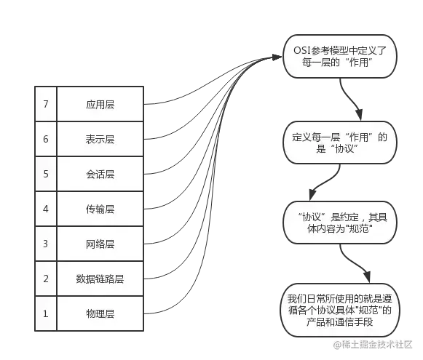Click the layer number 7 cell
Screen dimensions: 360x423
click(45, 105)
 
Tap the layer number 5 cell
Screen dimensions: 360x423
click(45, 175)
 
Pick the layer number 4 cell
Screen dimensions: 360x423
click(45, 209)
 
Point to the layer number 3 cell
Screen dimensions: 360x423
click(45, 244)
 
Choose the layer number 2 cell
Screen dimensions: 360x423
click(45, 279)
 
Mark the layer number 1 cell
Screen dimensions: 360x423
click(45, 314)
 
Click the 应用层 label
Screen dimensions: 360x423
click(100, 105)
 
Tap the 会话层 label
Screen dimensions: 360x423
click(100, 175)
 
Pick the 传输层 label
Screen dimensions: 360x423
click(100, 209)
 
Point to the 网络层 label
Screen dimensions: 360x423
click(100, 244)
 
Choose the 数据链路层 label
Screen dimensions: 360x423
click(100, 279)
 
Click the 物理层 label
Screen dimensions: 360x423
click(100, 314)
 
